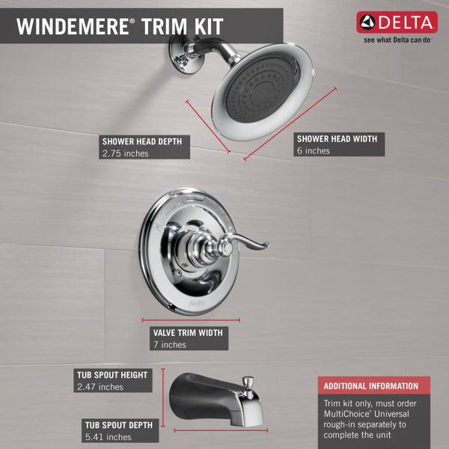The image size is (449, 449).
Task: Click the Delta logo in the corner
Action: click(x=397, y=23)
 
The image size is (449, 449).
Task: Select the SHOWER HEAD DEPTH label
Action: click(x=141, y=141)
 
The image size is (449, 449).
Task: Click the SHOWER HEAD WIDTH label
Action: click(x=336, y=138)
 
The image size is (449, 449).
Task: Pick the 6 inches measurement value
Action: click(x=313, y=150)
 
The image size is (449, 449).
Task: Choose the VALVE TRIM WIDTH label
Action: click(x=187, y=332)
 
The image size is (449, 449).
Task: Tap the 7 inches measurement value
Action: click(x=169, y=345)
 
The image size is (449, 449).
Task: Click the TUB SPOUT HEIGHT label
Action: click(x=112, y=374)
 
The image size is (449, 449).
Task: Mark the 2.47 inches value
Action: click(x=100, y=387)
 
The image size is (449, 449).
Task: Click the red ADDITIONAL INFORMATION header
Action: click(x=370, y=386)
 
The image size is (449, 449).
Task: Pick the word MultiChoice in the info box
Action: click(x=348, y=413)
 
